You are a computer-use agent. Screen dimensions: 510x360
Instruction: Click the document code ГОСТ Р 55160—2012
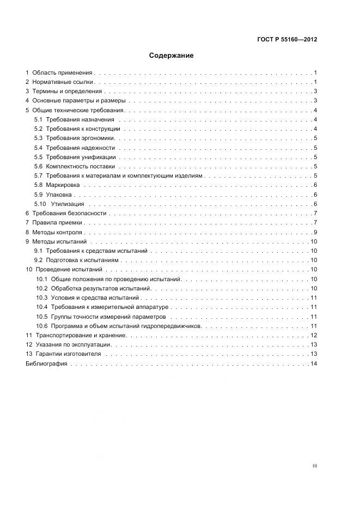[x=287, y=39]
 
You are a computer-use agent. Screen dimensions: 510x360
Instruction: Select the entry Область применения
[x=63, y=72]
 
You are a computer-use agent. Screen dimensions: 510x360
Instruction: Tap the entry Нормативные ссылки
[x=63, y=82]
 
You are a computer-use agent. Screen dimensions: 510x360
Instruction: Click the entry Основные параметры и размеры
[x=79, y=101]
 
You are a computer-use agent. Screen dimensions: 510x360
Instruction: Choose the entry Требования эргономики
[x=80, y=138]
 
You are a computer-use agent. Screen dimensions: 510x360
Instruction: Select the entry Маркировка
[x=62, y=185]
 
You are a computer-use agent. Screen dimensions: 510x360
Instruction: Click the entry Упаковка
[x=59, y=195]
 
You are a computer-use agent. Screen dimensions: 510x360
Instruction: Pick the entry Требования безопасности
[x=69, y=213]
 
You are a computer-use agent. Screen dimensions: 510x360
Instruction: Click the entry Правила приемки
[x=57, y=223]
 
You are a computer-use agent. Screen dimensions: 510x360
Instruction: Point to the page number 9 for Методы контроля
[x=315, y=232]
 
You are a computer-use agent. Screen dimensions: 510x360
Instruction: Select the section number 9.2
[x=38, y=260]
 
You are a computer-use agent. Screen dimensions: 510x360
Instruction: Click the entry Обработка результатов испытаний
[x=100, y=288]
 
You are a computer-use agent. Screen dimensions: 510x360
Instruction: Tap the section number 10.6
[x=42, y=326]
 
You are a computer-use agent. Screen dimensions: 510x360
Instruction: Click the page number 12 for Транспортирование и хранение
[x=314, y=335]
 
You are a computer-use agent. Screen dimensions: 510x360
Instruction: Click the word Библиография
[x=46, y=363]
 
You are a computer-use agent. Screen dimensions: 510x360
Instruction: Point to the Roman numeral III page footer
[x=315, y=466]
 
